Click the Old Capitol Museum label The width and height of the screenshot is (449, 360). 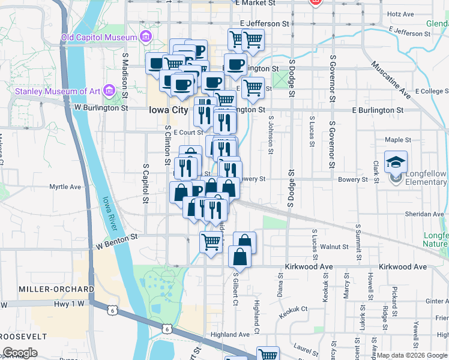[99, 38]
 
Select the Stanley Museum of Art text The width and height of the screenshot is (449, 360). [58, 91]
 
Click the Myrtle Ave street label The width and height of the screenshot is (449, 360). [65, 187]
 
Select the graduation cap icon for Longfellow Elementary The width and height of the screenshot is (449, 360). [396, 162]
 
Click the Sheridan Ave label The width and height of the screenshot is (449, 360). [424, 214]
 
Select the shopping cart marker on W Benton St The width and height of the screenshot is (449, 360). [211, 242]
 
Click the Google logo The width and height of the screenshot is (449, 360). [20, 353]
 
